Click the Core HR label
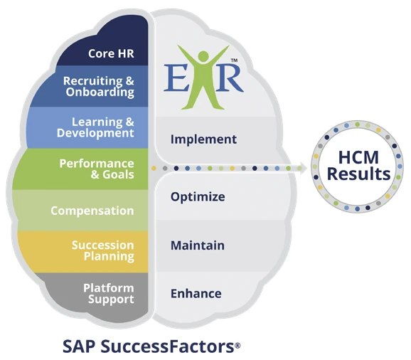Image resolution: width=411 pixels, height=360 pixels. click(111, 53)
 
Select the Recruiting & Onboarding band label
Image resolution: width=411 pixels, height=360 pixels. click(99, 87)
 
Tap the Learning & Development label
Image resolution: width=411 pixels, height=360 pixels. click(95, 127)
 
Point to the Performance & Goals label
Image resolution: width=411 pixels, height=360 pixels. click(97, 169)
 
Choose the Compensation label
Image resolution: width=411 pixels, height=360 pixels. click(92, 211)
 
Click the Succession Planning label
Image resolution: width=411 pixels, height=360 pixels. click(103, 250)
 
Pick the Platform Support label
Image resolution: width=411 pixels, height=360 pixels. click(109, 294)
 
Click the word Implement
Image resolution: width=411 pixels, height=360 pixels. click(203, 139)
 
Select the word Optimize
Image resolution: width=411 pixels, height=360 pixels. click(198, 197)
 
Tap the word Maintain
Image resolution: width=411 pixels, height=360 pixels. click(198, 245)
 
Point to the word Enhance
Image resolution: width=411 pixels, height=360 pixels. click(196, 294)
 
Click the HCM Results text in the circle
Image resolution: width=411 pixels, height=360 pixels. click(358, 166)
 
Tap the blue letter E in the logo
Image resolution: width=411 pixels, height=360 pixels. click(176, 78)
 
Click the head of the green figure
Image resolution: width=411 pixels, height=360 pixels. click(203, 56)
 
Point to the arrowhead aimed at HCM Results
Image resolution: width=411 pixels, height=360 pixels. click(302, 168)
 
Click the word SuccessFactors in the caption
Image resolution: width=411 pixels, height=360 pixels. click(168, 346)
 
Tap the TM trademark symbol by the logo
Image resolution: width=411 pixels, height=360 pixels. click(234, 60)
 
